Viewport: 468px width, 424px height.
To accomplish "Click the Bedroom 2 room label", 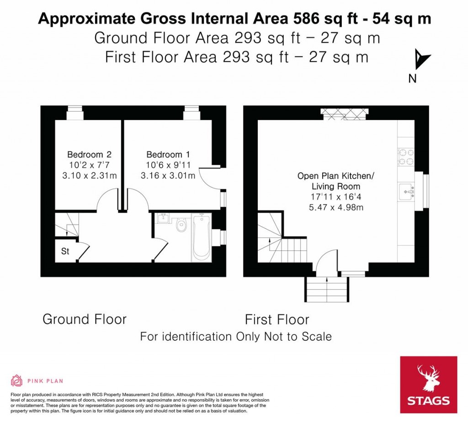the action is (89, 154).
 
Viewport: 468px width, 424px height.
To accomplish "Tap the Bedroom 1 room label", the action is (168, 154).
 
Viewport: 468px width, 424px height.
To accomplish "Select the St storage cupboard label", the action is (65, 251).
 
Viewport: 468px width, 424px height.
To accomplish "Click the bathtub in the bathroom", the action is (202, 237).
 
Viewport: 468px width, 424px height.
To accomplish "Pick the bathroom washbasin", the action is (163, 218).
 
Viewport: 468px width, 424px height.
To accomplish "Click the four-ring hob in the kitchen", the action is (406, 157).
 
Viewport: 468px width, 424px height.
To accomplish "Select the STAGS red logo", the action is (429, 385).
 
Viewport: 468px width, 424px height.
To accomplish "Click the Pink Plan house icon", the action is (17, 381).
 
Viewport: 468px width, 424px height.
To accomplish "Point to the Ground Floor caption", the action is (85, 319).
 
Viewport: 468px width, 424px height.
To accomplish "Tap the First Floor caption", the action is (277, 319).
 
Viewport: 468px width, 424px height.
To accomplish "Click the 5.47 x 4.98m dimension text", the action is (336, 207).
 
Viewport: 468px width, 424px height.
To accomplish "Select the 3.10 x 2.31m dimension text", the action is (89, 175).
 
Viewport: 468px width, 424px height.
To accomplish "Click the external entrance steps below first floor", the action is (327, 289).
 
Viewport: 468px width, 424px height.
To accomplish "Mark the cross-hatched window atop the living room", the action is (345, 114).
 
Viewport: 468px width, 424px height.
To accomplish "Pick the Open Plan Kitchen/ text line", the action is (335, 176).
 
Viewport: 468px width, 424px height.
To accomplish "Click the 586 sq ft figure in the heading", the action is (325, 19).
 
